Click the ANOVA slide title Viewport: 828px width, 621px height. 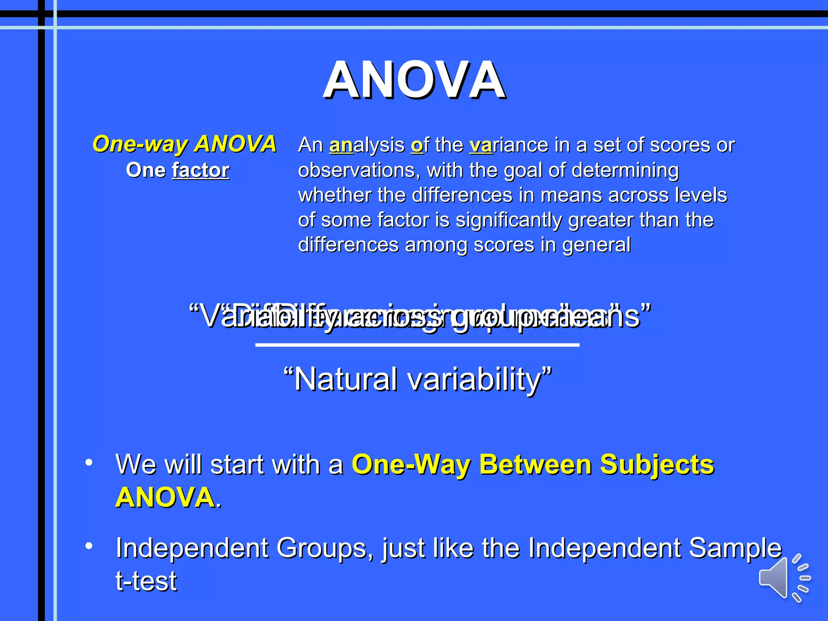tap(414, 80)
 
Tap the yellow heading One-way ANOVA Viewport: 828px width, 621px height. tap(184, 144)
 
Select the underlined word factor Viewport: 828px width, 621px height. tap(201, 170)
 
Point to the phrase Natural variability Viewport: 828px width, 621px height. tap(418, 379)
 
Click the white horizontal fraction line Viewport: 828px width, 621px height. tap(417, 345)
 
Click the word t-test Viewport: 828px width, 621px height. tap(146, 581)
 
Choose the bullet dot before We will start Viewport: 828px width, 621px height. tap(89, 462)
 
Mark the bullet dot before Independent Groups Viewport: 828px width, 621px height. tap(89, 546)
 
